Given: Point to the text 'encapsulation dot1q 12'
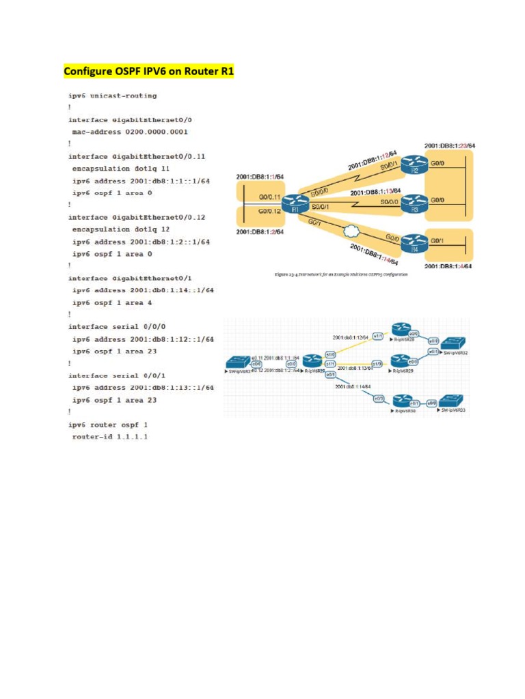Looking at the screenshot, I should [120, 229].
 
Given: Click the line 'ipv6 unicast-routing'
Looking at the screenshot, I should [112, 96].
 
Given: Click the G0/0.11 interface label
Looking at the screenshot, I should [271, 197].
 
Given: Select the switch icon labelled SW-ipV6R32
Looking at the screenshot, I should [452, 343].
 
